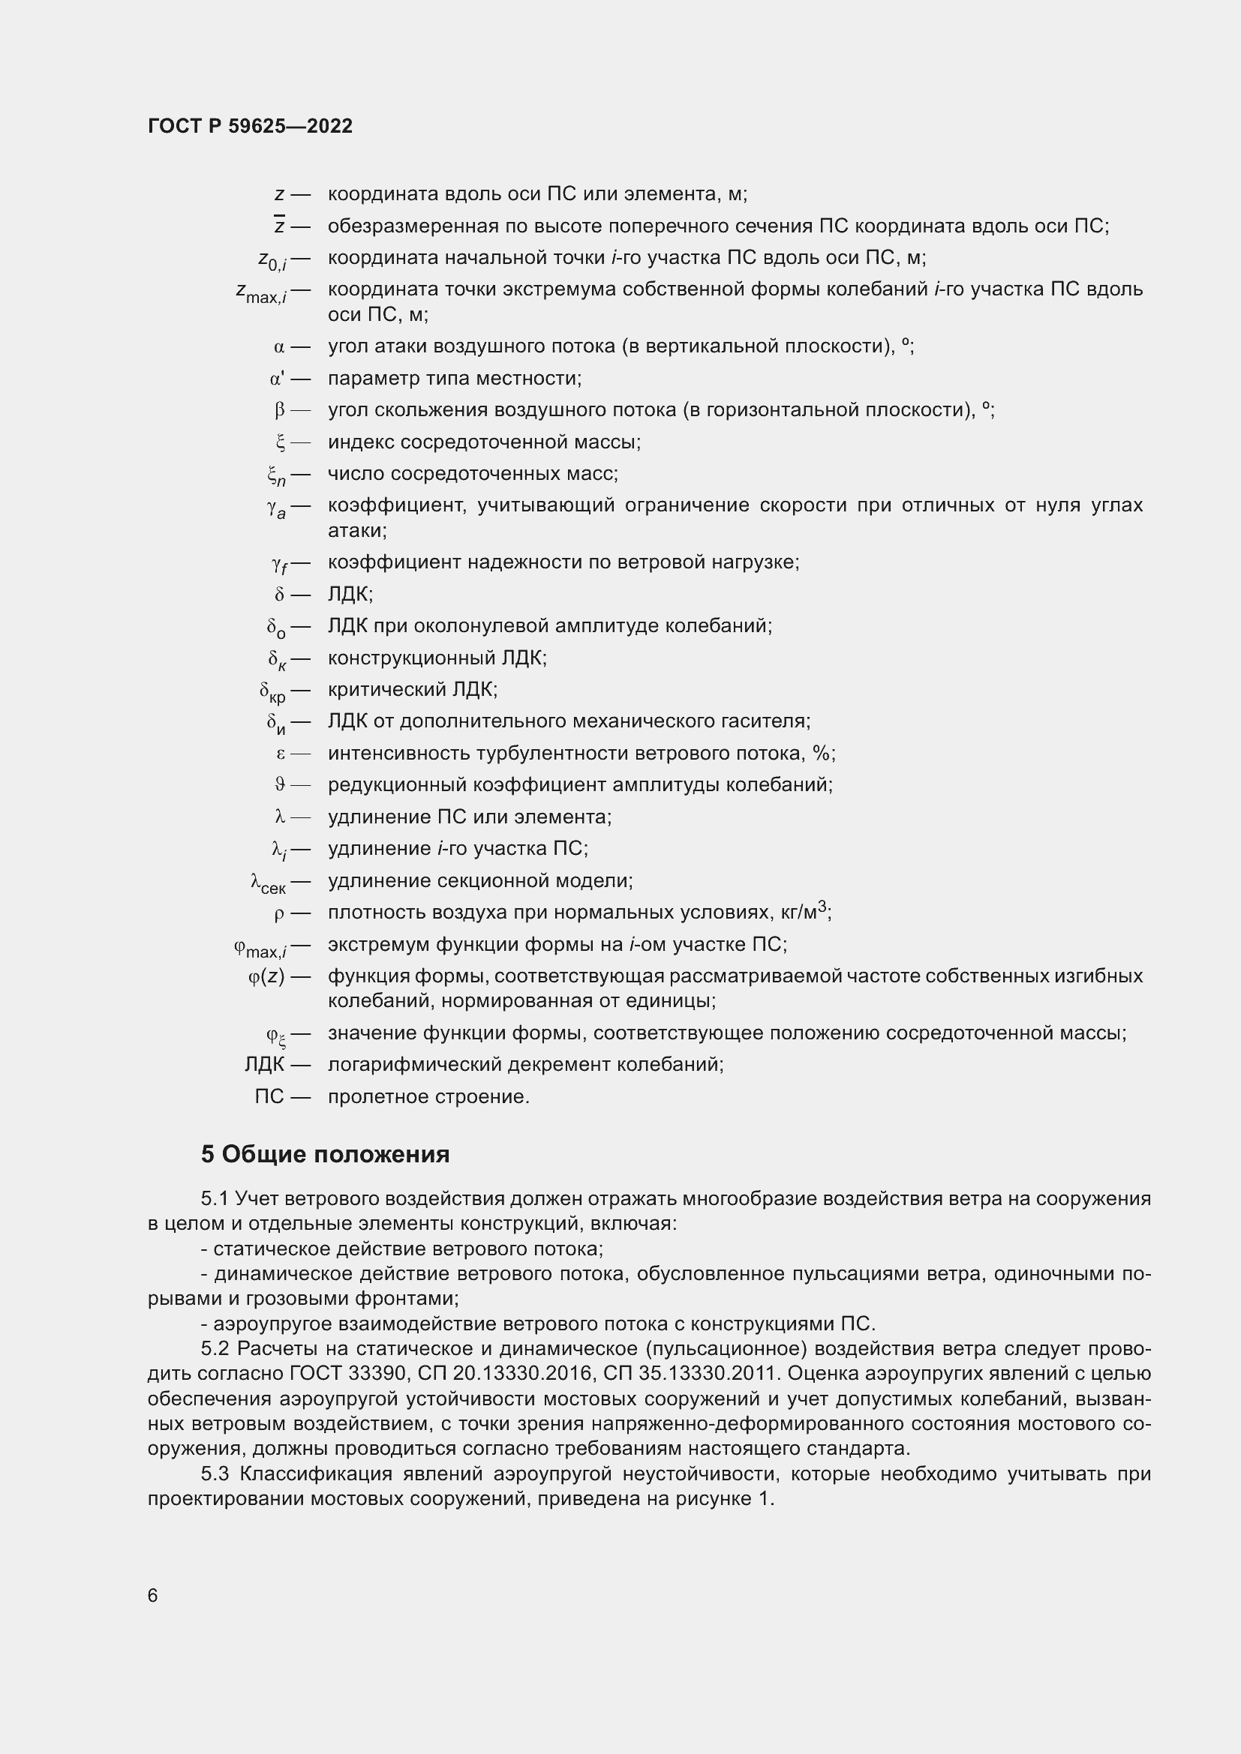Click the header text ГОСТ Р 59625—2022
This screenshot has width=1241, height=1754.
250,126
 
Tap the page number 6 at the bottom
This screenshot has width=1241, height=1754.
153,1596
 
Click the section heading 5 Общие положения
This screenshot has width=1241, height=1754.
325,1154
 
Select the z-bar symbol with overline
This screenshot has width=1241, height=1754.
280,226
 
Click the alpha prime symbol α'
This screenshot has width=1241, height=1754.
277,379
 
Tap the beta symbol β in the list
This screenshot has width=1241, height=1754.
280,411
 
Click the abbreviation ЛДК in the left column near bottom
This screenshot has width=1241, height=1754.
264,1065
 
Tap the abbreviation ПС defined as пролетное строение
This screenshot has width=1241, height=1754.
269,1097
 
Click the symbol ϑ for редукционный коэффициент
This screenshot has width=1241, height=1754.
280,785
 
